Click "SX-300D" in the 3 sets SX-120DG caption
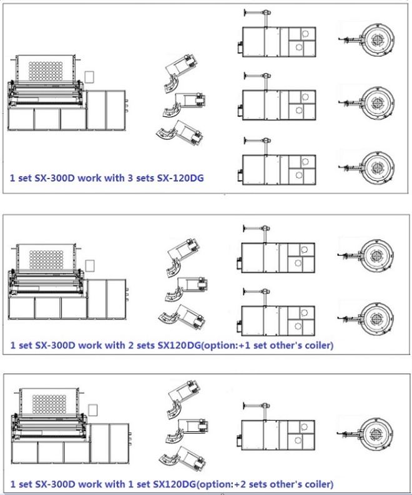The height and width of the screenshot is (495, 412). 54,178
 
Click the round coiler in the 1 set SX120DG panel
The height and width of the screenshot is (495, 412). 376,433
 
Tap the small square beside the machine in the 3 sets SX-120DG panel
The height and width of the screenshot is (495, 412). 89,77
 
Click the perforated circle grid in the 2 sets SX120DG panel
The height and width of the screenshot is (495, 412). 46,260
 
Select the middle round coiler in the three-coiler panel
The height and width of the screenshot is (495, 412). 377,102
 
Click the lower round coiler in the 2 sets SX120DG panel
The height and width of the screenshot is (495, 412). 376,318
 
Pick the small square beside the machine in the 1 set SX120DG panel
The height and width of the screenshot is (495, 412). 93,410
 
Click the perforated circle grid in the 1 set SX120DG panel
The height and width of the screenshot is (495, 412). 49,404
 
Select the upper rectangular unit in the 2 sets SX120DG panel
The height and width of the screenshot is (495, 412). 278,258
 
